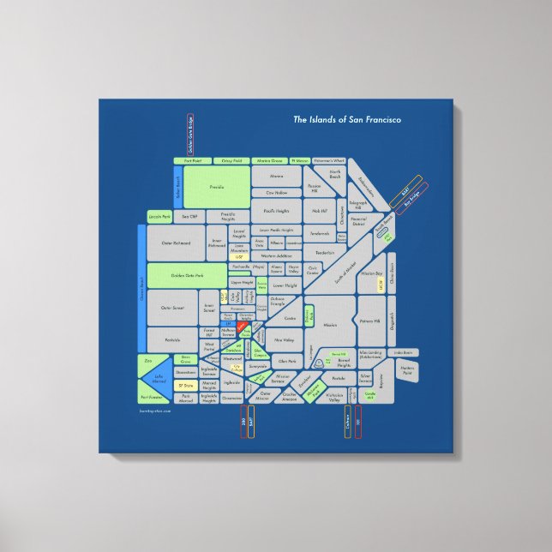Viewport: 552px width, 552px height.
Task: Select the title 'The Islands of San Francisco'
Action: [x=347, y=120]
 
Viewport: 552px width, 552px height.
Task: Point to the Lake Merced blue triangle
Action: [x=159, y=377]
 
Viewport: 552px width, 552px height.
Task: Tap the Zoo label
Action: [x=148, y=361]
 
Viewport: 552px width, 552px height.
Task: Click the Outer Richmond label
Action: [x=176, y=243]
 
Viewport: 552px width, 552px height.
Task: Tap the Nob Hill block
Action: [x=320, y=210]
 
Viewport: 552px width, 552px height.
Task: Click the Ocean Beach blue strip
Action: [x=141, y=294]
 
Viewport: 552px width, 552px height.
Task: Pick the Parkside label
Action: [x=172, y=339]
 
